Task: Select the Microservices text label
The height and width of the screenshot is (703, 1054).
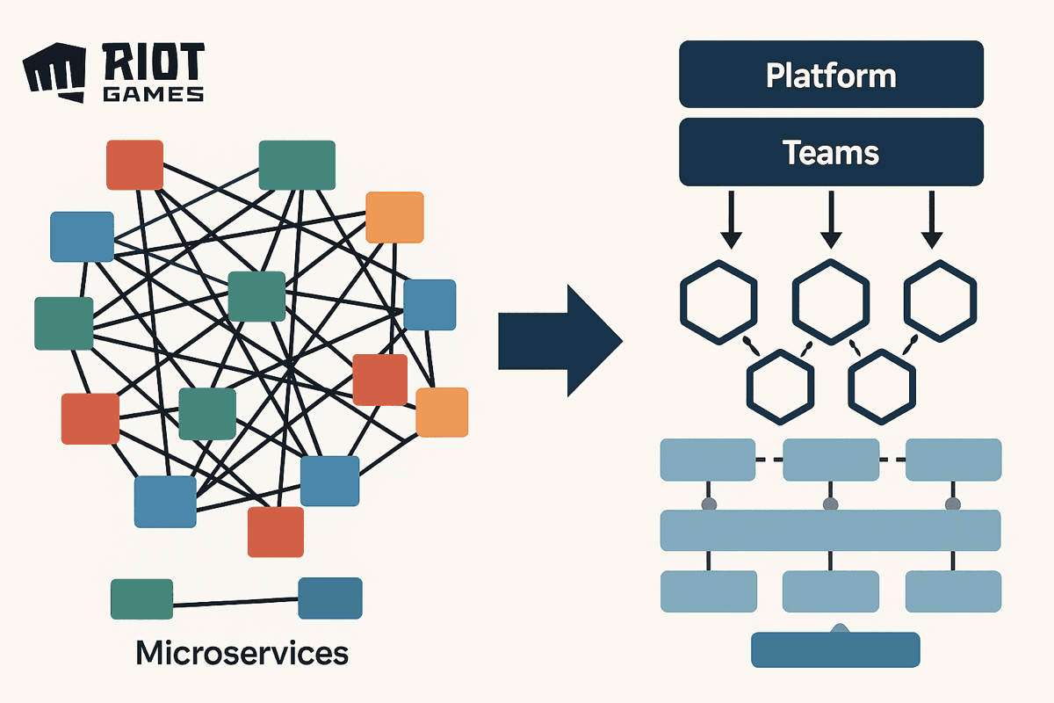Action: click(242, 653)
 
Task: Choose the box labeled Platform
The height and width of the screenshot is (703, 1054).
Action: click(831, 76)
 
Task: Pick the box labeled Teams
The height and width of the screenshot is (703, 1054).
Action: click(831, 153)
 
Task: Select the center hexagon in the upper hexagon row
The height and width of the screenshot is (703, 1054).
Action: click(831, 301)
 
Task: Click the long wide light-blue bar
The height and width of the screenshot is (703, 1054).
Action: click(830, 530)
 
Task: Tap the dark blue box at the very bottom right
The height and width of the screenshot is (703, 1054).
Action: click(835, 649)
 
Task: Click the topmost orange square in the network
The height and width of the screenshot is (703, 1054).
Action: click(394, 217)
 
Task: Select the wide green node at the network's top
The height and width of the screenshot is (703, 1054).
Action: click(297, 165)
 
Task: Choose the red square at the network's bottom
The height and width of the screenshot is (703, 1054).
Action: click(275, 532)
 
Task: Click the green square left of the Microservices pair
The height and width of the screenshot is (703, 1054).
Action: click(141, 599)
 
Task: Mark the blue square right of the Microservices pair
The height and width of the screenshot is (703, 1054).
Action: click(330, 598)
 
